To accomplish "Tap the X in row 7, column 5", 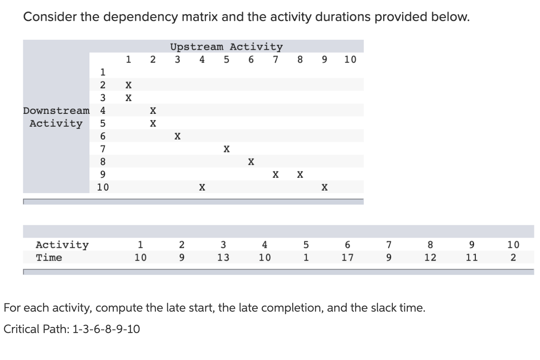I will pyautogui.click(x=227, y=149).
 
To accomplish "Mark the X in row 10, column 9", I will pyautogui.click(x=325, y=187).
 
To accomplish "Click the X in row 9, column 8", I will pyautogui.click(x=300, y=175).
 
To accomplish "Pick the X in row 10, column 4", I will pyautogui.click(x=202, y=187).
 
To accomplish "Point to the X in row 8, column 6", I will pyautogui.click(x=251, y=162).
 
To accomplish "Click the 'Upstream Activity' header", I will pyautogui.click(x=226, y=47).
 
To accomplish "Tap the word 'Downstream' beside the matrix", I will pyautogui.click(x=56, y=111).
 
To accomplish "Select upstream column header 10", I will pyautogui.click(x=350, y=60).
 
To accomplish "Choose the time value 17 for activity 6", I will pyautogui.click(x=347, y=258).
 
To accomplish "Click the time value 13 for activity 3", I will pyautogui.click(x=223, y=258).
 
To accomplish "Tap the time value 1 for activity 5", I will pyautogui.click(x=306, y=258).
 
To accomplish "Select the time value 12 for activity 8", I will pyautogui.click(x=430, y=258).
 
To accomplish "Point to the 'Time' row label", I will pyautogui.click(x=49, y=258).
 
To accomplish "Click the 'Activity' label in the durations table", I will pyautogui.click(x=62, y=245).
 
